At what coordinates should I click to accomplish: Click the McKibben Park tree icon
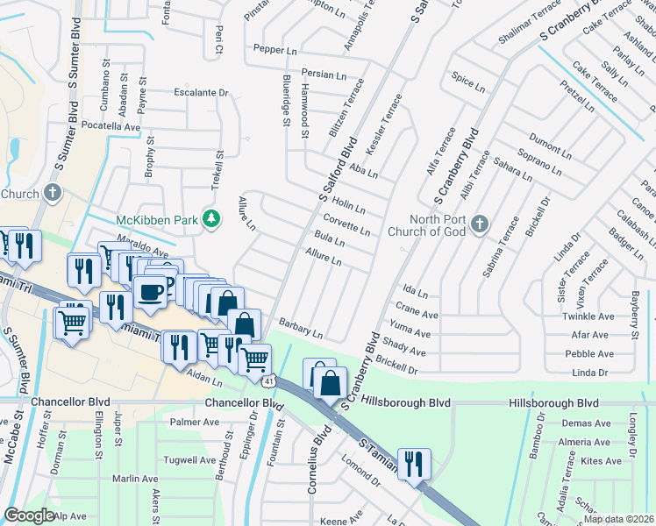coord(210,218)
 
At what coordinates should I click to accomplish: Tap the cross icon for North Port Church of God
coord(479,225)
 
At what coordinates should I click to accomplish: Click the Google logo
coord(29,515)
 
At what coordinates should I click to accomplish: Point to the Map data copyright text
coord(617,519)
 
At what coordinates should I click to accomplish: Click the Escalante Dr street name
coord(201,92)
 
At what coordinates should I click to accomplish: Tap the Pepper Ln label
coord(275,50)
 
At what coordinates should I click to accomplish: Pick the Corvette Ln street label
coord(346,224)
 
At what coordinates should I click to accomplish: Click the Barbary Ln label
coord(302,330)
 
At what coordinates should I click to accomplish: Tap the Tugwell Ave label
coord(193,460)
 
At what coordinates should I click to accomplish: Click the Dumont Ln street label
coord(550,146)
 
